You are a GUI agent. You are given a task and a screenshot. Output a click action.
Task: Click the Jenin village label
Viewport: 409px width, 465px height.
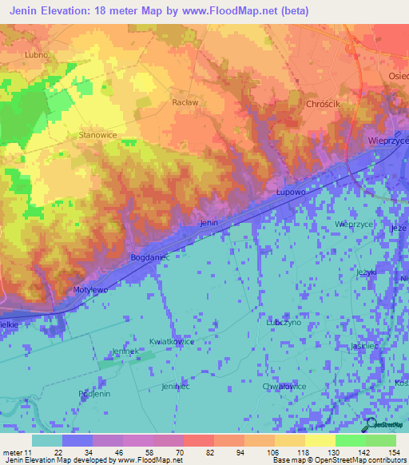209,223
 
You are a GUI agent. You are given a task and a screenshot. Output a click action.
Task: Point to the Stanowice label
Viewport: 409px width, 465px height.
98,135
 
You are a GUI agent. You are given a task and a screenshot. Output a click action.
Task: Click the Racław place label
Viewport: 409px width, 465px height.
185,102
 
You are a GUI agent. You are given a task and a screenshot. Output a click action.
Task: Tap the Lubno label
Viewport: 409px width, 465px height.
37,55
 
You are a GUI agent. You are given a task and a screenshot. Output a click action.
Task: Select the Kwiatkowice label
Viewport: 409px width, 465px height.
172,342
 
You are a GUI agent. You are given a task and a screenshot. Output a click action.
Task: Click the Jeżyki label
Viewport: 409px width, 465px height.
367,272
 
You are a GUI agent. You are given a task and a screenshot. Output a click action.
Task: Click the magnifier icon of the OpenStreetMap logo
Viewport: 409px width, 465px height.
370,423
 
